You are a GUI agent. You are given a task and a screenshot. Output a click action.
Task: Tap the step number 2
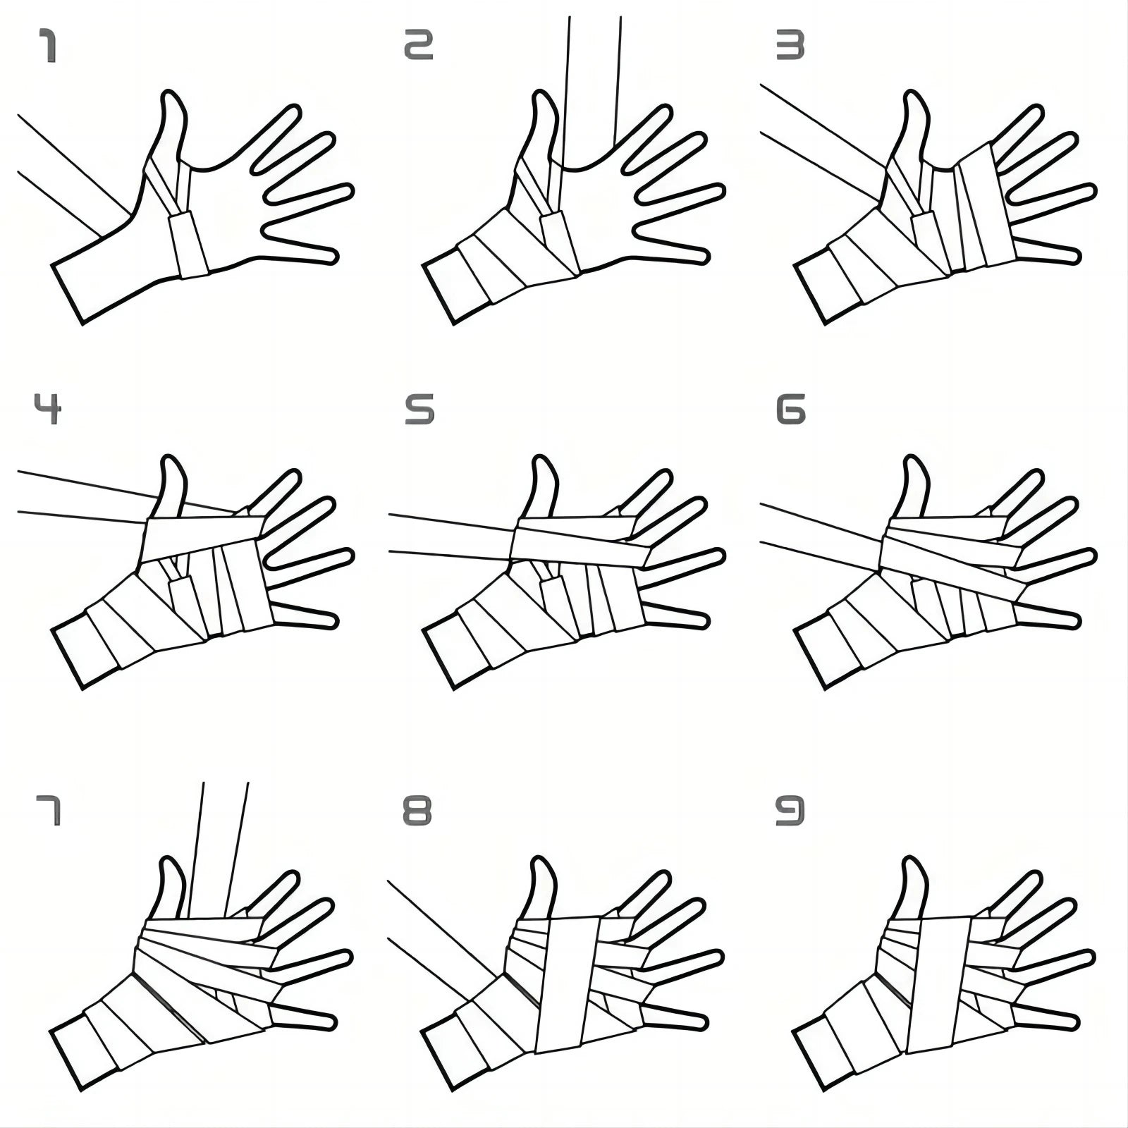point(418,45)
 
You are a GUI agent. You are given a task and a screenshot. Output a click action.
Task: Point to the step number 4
point(48,409)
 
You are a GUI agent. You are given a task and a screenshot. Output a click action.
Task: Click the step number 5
point(419,410)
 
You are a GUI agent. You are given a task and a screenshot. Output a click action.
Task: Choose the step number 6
point(790,410)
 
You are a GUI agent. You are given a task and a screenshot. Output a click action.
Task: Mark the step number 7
point(48,811)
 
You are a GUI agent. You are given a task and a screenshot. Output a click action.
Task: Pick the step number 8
point(417,811)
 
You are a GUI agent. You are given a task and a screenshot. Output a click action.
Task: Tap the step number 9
point(790,811)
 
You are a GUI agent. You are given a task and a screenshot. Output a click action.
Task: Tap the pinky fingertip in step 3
point(1074,255)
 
